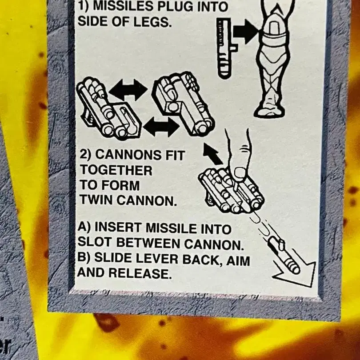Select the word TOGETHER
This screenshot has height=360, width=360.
(x=116, y=170)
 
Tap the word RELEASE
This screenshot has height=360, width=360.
(x=140, y=273)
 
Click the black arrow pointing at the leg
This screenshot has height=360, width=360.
(x=246, y=32)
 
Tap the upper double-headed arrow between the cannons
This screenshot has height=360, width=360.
(x=128, y=90)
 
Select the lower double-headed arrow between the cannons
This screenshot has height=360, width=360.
(x=161, y=127)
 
